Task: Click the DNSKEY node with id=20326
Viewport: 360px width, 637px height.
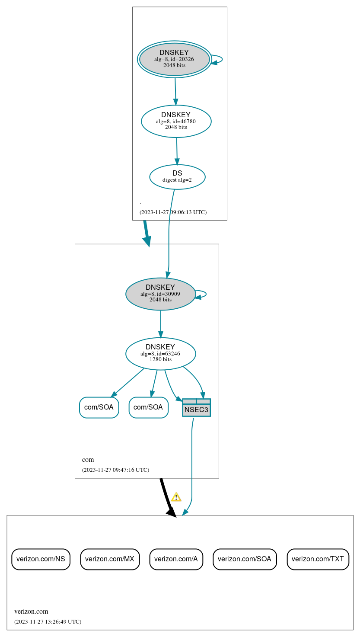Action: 174,59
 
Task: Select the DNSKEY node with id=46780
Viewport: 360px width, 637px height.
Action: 176,121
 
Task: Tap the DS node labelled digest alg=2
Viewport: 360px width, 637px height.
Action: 177,177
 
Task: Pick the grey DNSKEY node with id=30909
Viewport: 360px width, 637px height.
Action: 160,294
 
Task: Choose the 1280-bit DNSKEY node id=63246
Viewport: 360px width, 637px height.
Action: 160,354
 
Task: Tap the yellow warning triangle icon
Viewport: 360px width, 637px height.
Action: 176,497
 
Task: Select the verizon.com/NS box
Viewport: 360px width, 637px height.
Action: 41,559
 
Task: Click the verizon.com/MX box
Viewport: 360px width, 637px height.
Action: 110,559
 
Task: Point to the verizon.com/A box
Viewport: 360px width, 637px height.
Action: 176,559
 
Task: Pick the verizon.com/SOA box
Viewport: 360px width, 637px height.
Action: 245,559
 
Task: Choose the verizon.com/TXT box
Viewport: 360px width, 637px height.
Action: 318,559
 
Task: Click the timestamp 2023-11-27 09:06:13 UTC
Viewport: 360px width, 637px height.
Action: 173,212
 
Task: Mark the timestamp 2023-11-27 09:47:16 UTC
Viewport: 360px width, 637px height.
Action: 115,470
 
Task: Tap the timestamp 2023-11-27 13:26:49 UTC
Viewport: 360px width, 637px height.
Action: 48,622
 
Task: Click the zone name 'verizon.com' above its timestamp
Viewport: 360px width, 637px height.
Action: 31,611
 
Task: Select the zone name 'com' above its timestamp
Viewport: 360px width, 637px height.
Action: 88,460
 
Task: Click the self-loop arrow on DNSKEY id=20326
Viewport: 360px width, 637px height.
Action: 219,59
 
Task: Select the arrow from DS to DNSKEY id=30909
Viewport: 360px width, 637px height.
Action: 169,234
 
